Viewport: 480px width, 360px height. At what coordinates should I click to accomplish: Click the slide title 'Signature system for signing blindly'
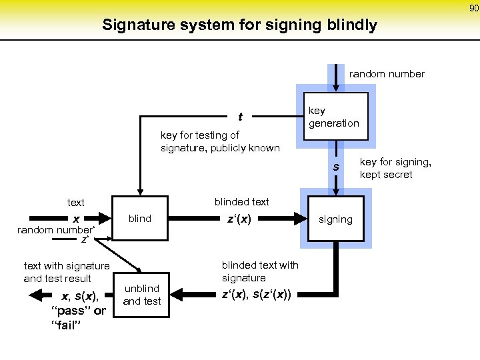tap(239, 25)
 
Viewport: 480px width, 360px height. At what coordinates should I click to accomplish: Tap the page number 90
tap(473, 7)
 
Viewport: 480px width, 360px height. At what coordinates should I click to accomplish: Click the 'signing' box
tap(335, 219)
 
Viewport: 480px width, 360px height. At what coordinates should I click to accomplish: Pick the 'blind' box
tap(140, 219)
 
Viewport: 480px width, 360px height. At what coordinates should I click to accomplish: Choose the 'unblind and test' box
tap(141, 295)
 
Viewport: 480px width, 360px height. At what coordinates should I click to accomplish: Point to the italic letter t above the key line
tap(240, 117)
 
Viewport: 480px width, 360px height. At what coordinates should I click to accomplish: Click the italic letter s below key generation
tap(337, 167)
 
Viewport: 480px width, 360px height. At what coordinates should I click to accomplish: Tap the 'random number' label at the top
tap(387, 74)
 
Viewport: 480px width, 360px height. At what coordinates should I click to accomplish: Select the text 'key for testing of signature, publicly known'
tap(220, 141)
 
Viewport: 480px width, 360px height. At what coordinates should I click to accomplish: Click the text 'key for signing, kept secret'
tap(395, 168)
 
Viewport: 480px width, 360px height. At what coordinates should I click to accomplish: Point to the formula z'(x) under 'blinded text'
tap(239, 218)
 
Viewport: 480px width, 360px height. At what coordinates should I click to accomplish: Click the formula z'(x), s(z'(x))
tap(261, 294)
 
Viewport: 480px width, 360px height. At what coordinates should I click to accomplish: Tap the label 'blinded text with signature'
tap(260, 271)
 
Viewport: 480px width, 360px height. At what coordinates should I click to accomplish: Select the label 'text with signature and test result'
tap(67, 272)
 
